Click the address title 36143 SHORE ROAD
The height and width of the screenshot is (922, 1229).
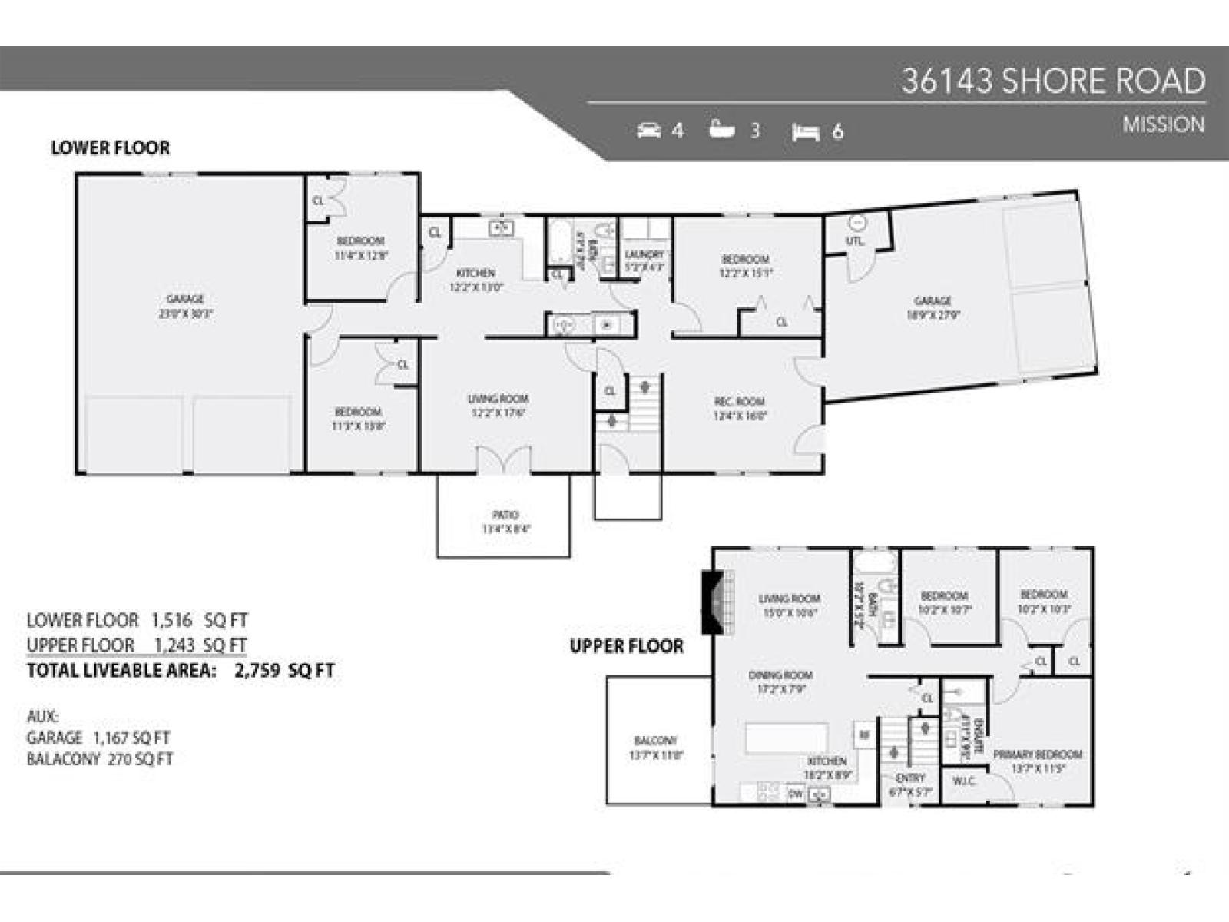coord(1053,81)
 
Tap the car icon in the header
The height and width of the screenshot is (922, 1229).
coord(649,131)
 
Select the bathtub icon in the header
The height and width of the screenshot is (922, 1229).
coord(722,130)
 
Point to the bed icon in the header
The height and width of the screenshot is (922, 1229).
coord(805,132)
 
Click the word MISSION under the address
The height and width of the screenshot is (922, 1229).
coord(1163,124)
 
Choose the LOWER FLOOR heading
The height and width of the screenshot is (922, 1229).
coord(110,148)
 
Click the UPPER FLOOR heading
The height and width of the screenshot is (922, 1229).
coord(626,646)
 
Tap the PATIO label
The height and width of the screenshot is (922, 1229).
coord(505,515)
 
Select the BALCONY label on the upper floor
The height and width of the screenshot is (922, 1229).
coord(656,741)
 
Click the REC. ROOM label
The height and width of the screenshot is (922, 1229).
coord(739,402)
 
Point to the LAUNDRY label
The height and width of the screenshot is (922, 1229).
coord(644,254)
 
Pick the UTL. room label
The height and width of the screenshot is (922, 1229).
coord(855,241)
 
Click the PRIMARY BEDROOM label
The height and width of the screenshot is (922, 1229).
coord(1037,755)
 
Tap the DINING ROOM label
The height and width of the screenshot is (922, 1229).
coord(780,675)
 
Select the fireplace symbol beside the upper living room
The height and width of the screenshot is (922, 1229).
coord(712,602)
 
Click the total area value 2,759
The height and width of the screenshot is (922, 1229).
coord(257,670)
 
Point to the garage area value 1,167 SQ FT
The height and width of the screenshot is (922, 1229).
coord(131,738)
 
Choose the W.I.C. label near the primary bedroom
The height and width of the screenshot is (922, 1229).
coord(964,781)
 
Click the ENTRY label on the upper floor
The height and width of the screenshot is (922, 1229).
coord(910,778)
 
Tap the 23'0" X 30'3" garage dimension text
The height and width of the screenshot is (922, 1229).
coord(185,313)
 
